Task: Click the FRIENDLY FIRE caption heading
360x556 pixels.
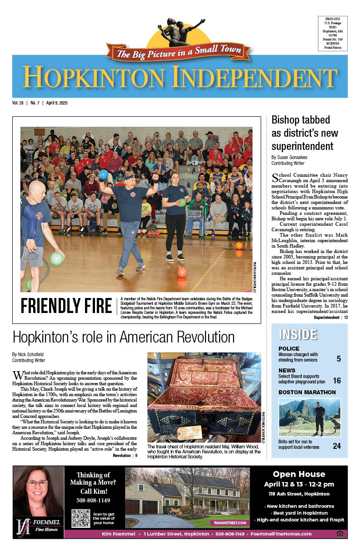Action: point(66,306)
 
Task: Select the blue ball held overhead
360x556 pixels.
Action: point(103,174)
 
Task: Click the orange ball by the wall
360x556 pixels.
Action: point(239,246)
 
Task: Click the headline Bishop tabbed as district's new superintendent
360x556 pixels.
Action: point(305,133)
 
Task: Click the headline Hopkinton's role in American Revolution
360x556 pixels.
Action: point(124,337)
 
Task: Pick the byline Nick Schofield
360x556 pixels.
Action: point(32,354)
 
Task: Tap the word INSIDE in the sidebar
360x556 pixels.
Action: point(298,334)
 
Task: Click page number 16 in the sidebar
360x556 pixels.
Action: point(337,381)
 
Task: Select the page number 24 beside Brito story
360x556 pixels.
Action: point(337,446)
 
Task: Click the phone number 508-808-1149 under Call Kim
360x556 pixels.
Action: point(93,501)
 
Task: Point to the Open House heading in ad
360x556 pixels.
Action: point(299,474)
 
